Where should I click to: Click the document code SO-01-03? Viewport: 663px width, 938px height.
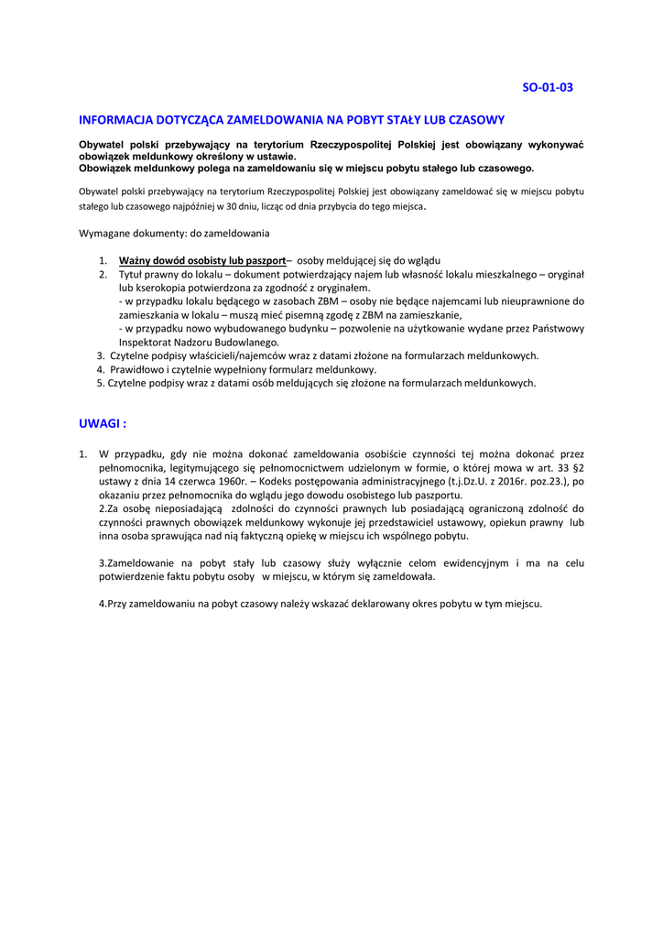[x=547, y=88]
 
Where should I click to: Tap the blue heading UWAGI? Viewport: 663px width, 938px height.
[x=102, y=424]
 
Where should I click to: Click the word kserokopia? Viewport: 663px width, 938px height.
[x=164, y=288]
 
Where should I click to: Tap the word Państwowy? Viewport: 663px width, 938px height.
[x=555, y=328]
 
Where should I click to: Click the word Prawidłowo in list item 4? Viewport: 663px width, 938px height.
[x=138, y=369]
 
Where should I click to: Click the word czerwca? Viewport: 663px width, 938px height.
[x=217, y=481]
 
